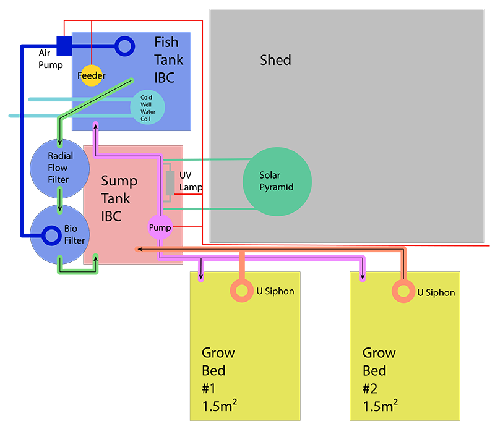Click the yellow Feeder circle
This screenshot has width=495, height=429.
[x=91, y=75]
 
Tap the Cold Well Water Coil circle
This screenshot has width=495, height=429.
[x=147, y=107]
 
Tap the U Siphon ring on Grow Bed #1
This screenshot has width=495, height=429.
[x=242, y=291]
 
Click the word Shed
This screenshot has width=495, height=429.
[x=275, y=61]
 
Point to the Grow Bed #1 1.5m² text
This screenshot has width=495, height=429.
[x=218, y=379]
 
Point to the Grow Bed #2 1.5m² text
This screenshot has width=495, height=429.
[x=379, y=379]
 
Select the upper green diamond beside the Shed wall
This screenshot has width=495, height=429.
[x=192, y=159]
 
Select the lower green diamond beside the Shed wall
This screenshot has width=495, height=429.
[x=192, y=210]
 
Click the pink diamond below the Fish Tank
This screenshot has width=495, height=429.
[x=97, y=134]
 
